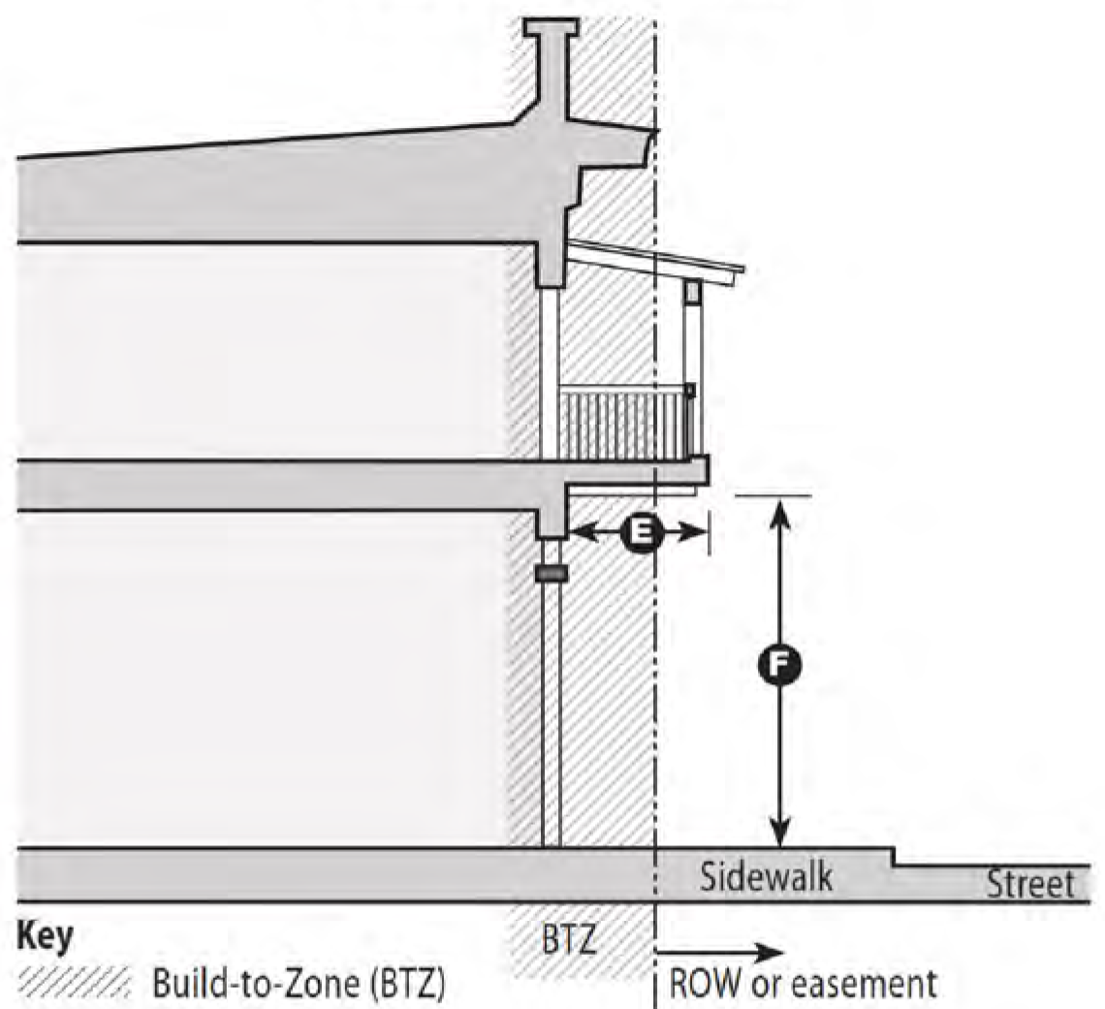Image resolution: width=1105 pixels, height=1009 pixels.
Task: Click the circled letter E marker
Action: (x=642, y=533)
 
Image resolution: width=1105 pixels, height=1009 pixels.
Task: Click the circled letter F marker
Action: (x=778, y=666)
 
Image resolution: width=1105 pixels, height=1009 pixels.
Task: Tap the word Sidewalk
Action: (x=766, y=876)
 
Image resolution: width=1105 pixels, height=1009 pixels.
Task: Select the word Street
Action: (x=1030, y=884)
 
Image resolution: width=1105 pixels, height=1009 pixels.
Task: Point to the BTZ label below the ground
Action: (x=569, y=940)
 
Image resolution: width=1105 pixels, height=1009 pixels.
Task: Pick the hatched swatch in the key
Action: (x=74, y=982)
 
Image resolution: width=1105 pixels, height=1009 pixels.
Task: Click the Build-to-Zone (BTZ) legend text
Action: (x=299, y=984)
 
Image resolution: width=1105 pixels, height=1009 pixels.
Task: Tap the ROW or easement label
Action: (x=804, y=984)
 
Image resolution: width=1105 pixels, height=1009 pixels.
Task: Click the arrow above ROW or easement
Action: (x=719, y=954)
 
